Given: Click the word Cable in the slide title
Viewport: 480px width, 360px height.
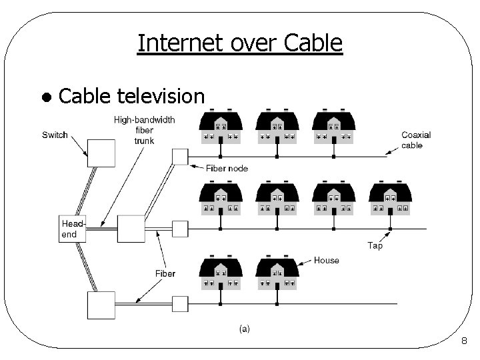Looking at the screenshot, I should click(313, 43).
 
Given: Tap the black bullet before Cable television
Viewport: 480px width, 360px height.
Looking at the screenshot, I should click(46, 97).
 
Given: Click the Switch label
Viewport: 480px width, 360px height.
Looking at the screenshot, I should click(55, 135).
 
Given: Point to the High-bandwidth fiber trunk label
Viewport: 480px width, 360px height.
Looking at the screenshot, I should click(144, 130).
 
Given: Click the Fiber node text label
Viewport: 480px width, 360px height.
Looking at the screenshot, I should click(227, 168).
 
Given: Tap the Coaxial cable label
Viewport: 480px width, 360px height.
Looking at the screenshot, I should click(416, 140).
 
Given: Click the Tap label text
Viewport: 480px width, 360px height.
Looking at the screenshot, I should click(375, 246).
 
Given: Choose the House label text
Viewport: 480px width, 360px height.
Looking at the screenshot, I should click(326, 261).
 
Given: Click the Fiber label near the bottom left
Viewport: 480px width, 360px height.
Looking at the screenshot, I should click(165, 273).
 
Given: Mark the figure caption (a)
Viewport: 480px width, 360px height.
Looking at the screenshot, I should click(244, 329).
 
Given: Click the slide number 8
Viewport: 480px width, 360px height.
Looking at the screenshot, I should click(464, 342).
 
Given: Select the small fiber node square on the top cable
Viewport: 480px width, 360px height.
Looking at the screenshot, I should click(180, 157).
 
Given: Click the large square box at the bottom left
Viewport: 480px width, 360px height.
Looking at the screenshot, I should click(101, 305).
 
